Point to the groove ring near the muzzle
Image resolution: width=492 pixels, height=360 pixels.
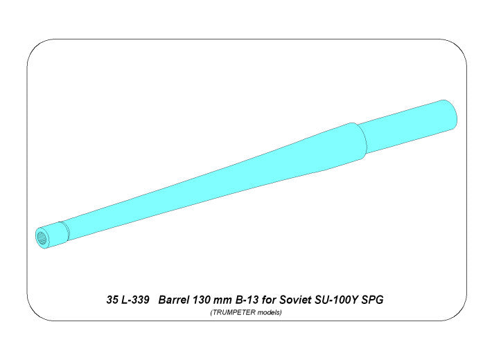point(64,228)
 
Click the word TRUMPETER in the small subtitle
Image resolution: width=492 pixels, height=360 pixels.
point(234,313)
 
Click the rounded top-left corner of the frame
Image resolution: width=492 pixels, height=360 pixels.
point(33,46)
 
